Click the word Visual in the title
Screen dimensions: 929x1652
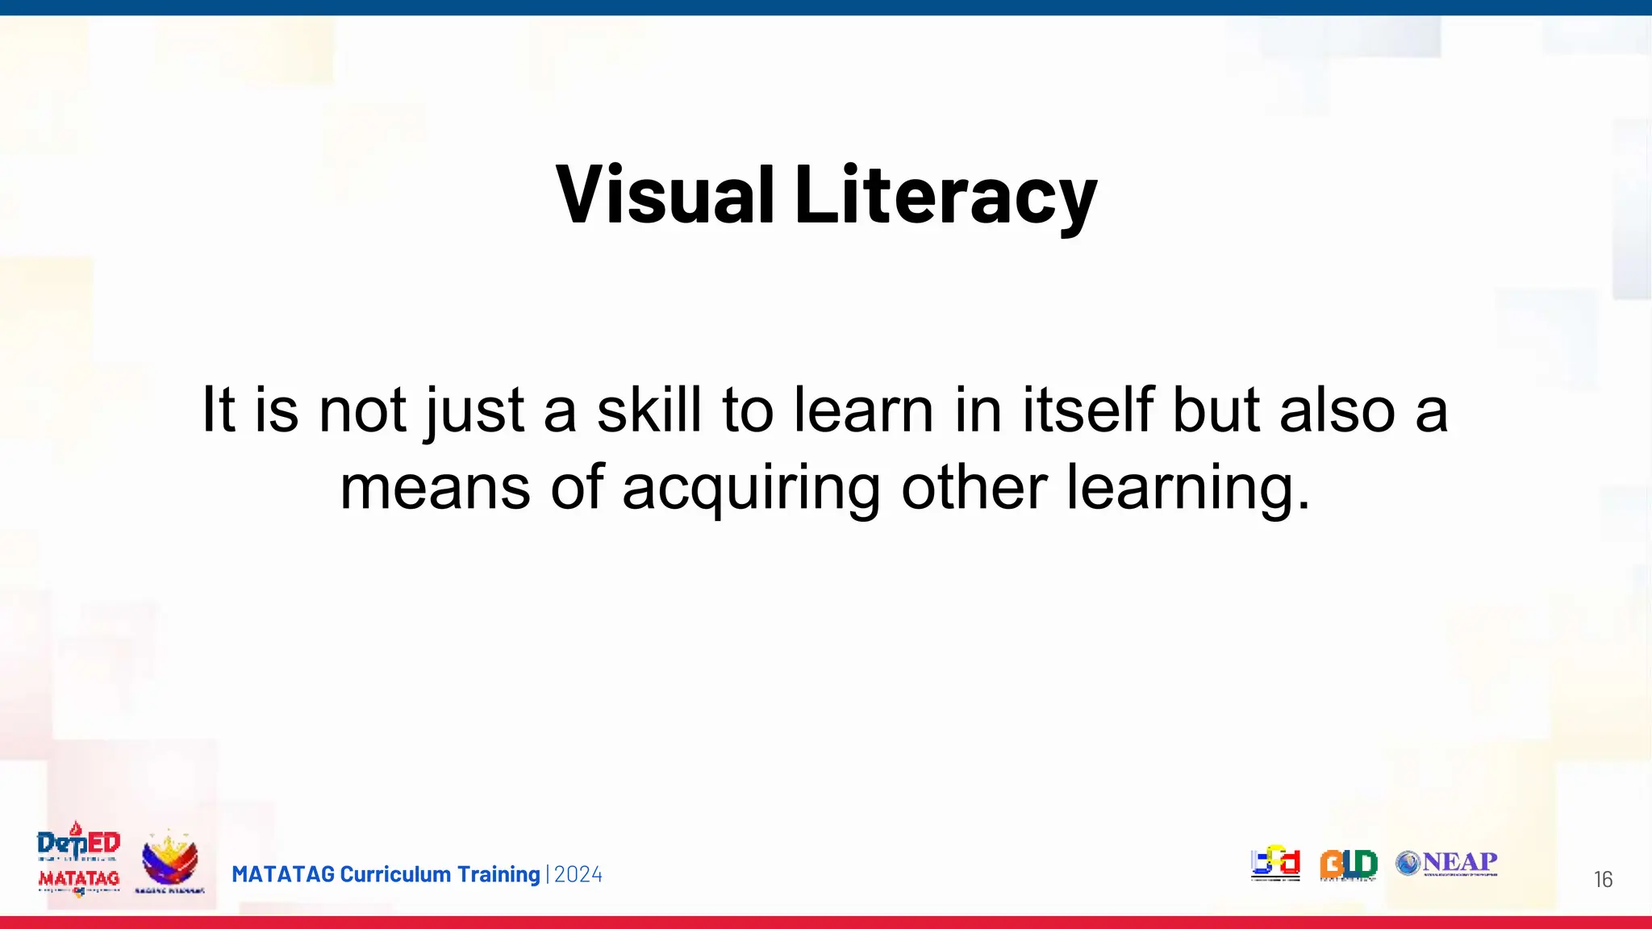coord(665,194)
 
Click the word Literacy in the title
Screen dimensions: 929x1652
coord(945,194)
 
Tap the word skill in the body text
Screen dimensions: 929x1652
coord(649,410)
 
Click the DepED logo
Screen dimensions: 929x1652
coord(79,842)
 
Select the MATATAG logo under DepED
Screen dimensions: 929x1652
coord(79,879)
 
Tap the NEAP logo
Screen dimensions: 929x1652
coord(1447,863)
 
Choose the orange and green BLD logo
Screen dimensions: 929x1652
coord(1348,864)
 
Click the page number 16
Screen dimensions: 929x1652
coord(1603,879)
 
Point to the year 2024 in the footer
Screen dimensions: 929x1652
coord(578,874)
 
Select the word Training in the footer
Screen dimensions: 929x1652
coord(499,874)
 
